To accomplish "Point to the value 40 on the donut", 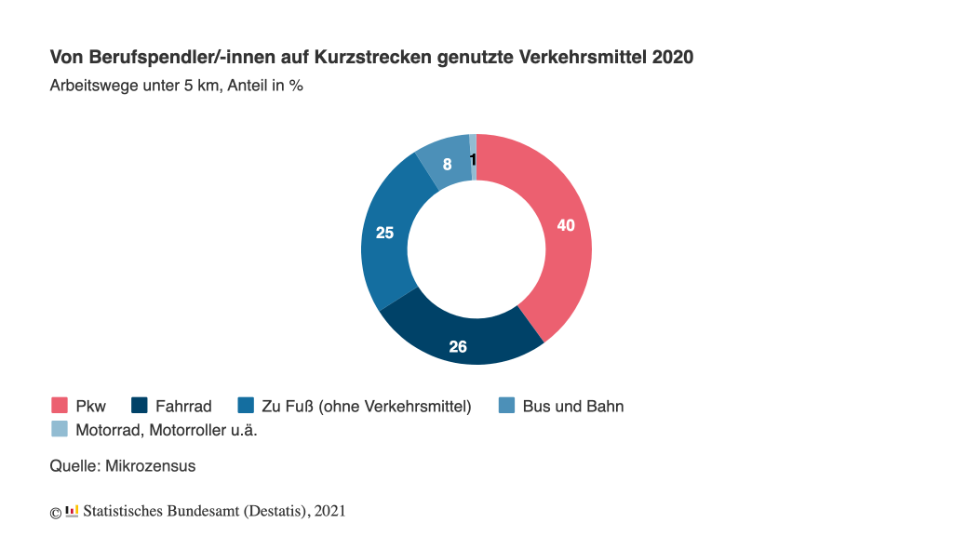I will (566, 224).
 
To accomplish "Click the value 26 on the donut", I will (458, 347).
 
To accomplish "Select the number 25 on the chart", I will (384, 233).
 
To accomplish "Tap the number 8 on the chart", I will (448, 165).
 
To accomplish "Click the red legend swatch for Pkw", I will (60, 406).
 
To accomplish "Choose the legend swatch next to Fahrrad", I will (140, 406).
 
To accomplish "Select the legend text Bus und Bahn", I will (572, 406).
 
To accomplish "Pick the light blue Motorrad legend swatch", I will (60, 429).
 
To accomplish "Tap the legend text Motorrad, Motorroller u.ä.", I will (172, 429).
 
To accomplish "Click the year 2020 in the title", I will (672, 58).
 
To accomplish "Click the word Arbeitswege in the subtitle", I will (89, 86).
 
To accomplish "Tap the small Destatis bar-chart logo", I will (72, 511).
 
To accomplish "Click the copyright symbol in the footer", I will (55, 512).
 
